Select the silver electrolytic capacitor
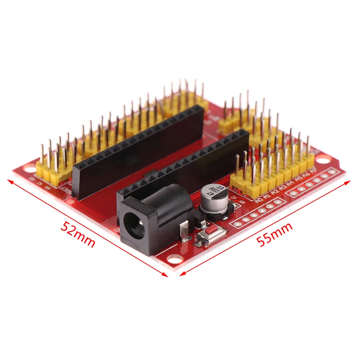click(210, 197)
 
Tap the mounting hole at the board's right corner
click(323, 158)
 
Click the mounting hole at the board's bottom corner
click(172, 259)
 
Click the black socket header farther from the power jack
click(135, 148)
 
